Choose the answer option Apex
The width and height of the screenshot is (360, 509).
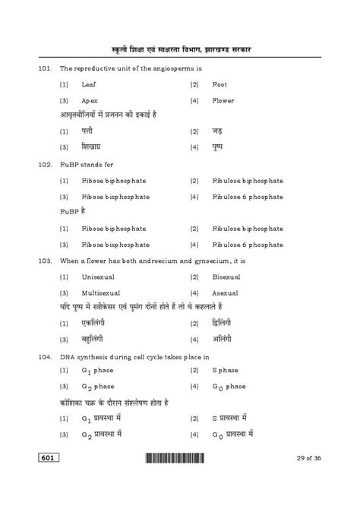90,100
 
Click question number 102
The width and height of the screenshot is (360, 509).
44,164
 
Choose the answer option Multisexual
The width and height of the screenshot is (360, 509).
99,292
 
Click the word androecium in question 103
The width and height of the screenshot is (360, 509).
159,260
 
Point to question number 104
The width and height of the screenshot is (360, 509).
44,355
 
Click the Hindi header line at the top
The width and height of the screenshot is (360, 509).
179,49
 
